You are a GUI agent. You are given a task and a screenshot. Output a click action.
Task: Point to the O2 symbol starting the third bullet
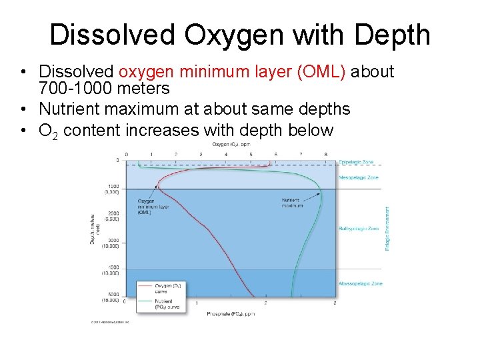(x=48, y=131)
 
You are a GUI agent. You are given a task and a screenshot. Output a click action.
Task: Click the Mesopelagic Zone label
(x=359, y=177)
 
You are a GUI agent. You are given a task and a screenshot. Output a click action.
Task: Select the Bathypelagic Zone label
(x=359, y=229)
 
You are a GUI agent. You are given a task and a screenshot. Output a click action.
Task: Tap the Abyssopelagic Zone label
(x=359, y=283)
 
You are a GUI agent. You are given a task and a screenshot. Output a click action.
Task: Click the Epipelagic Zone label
(x=357, y=162)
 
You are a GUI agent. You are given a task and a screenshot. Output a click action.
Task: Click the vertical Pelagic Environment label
(x=388, y=229)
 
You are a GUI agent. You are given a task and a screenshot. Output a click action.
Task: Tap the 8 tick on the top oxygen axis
(x=325, y=154)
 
